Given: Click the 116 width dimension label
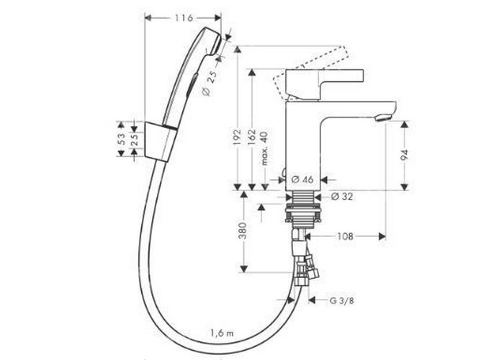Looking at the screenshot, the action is click(184, 18).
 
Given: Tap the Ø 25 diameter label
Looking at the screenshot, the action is click(210, 83).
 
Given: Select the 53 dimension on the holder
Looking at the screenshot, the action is click(122, 139).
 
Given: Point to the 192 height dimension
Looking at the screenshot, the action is click(237, 138).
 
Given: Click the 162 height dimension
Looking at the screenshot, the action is click(252, 138).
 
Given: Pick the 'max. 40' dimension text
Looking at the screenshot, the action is click(264, 148).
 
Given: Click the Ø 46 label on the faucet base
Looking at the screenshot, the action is click(302, 179).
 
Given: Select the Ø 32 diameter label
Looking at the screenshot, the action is click(342, 197).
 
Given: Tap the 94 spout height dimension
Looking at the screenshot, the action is click(405, 155).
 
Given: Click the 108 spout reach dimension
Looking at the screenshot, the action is click(345, 237).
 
